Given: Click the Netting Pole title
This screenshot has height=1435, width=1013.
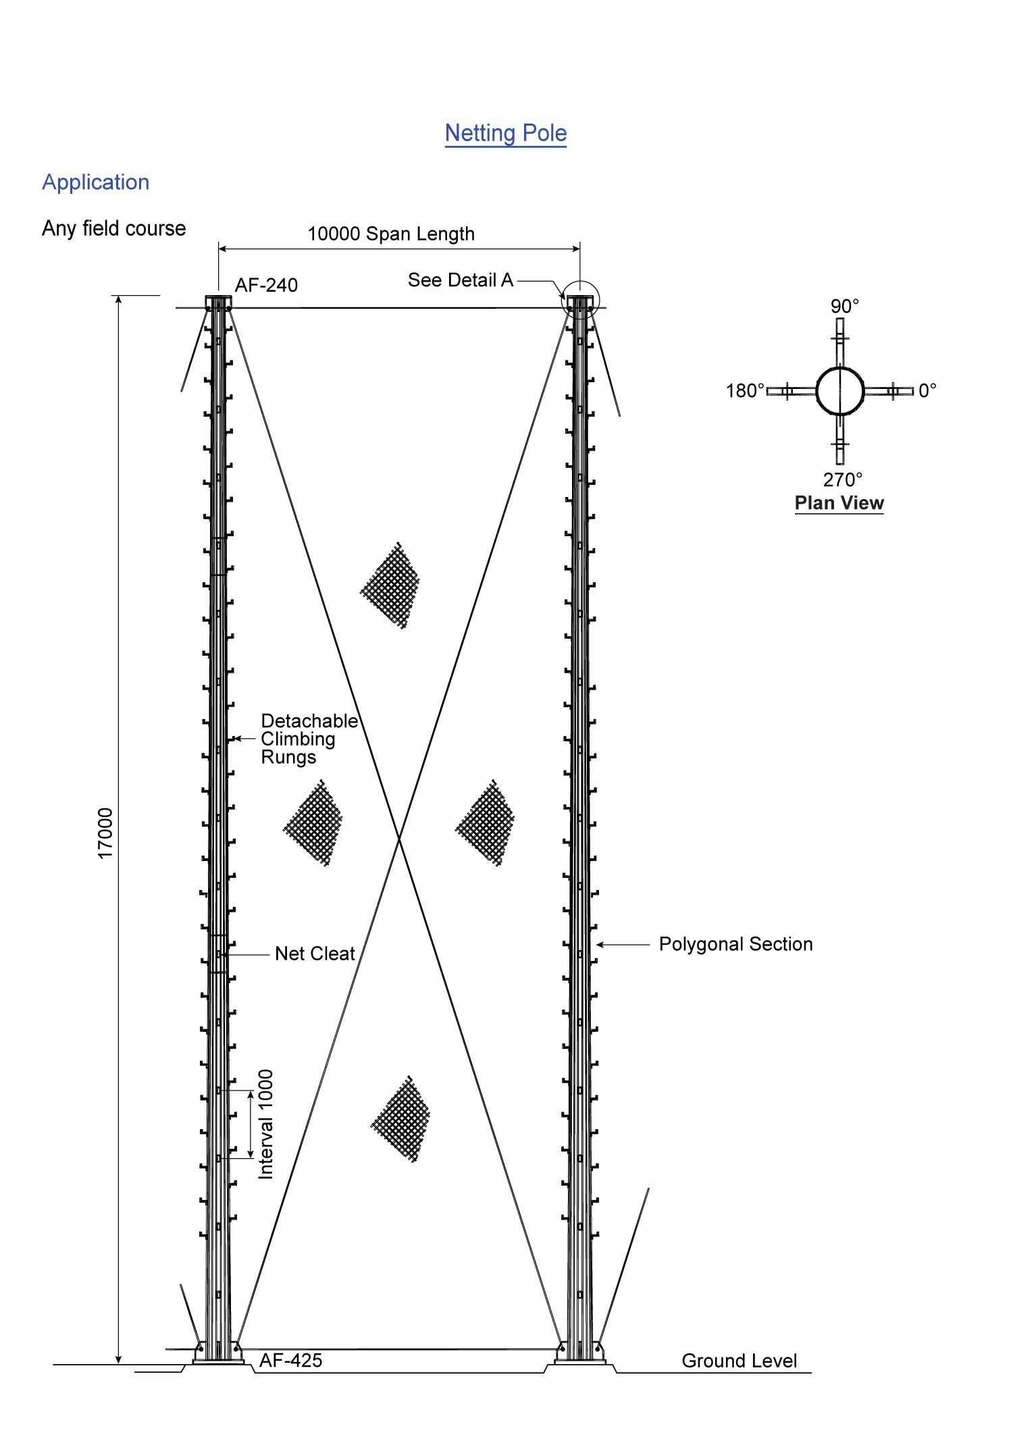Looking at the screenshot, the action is pyautogui.click(x=506, y=133).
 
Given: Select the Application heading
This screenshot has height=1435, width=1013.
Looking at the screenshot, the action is pyautogui.click(x=96, y=182).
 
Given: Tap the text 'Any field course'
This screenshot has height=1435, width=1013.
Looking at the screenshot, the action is pyautogui.click(x=114, y=228).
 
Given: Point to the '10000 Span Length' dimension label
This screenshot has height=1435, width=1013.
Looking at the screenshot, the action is pyautogui.click(x=391, y=234).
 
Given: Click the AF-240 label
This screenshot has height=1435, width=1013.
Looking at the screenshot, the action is pyautogui.click(x=266, y=285).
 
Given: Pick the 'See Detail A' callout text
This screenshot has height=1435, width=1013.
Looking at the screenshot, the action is pyautogui.click(x=461, y=280).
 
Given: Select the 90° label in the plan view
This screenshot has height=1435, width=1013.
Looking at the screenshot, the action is pyautogui.click(x=845, y=306).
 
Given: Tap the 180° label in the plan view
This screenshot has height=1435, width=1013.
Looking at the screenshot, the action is pyautogui.click(x=745, y=391).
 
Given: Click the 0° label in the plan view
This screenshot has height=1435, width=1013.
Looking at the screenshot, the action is pyautogui.click(x=927, y=390).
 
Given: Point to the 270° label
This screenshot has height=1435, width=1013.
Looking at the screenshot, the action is pyautogui.click(x=843, y=479).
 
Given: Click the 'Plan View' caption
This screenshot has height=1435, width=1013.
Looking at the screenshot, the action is pyautogui.click(x=839, y=503).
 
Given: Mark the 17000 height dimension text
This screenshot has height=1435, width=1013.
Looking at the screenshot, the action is pyautogui.click(x=105, y=833).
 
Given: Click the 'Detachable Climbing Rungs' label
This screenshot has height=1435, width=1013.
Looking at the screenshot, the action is pyautogui.click(x=309, y=739).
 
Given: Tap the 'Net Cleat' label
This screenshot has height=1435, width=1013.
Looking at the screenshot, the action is pyautogui.click(x=315, y=954).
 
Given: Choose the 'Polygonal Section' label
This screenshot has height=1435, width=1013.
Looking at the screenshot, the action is pyautogui.click(x=736, y=944).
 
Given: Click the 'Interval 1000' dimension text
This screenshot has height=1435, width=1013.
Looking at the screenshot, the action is pyautogui.click(x=266, y=1124).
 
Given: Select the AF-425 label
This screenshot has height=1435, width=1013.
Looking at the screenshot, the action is pyautogui.click(x=291, y=1360).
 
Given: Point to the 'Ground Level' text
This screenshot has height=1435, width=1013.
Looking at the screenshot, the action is pyautogui.click(x=739, y=1361).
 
